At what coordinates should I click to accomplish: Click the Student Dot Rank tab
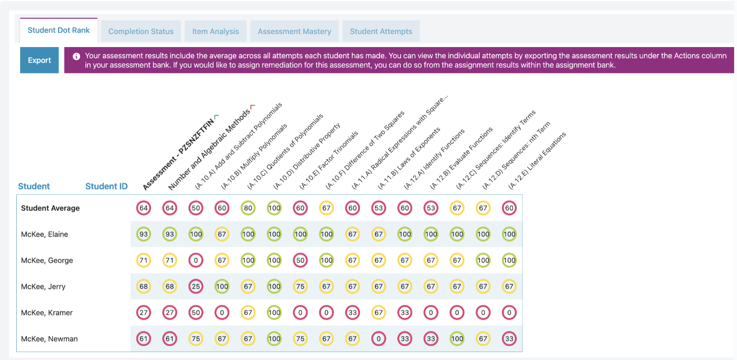(x=59, y=30)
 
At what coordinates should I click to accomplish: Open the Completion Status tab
(x=141, y=31)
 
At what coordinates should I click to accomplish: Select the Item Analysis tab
(x=215, y=31)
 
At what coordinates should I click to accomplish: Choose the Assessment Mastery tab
(x=294, y=31)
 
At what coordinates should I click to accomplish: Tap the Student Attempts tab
(x=381, y=31)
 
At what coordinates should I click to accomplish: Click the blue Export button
(x=39, y=60)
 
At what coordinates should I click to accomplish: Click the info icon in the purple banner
(x=76, y=56)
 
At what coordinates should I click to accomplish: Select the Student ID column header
(x=106, y=186)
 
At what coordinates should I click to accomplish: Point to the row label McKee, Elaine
(x=45, y=234)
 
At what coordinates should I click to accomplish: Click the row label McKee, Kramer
(x=47, y=312)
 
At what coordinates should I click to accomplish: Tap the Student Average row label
(x=50, y=208)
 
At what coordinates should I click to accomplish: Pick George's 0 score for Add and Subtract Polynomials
(x=196, y=260)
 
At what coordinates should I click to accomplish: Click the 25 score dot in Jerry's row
(x=196, y=287)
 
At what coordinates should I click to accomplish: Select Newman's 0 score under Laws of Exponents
(x=379, y=338)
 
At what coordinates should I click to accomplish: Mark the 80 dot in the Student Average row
(x=248, y=208)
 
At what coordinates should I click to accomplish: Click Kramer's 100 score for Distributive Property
(x=274, y=312)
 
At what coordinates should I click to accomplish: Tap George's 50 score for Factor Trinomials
(x=300, y=260)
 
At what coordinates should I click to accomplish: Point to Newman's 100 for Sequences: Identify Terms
(x=457, y=338)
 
